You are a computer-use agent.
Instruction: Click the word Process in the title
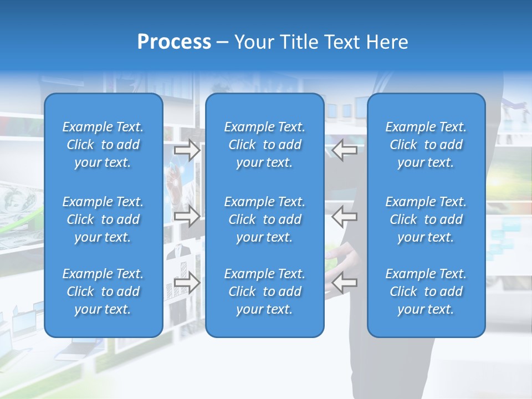click(174, 42)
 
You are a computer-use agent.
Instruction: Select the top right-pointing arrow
click(187, 150)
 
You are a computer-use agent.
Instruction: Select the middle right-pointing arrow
click(187, 217)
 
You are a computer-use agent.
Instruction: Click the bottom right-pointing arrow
click(187, 283)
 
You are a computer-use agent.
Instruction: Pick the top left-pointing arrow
click(345, 150)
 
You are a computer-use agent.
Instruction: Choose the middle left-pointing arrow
click(345, 217)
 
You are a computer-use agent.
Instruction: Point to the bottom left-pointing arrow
click(345, 283)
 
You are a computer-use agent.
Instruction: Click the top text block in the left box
click(103, 145)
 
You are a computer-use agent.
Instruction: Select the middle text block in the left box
click(103, 219)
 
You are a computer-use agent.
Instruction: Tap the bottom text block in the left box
click(103, 291)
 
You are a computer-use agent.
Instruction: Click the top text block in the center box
click(264, 145)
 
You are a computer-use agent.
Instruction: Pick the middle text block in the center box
click(264, 219)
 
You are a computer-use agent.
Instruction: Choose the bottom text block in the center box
click(264, 291)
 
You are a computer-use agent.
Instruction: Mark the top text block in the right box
click(426, 145)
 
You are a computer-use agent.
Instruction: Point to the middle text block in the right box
click(426, 219)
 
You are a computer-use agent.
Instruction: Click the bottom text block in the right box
click(426, 291)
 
